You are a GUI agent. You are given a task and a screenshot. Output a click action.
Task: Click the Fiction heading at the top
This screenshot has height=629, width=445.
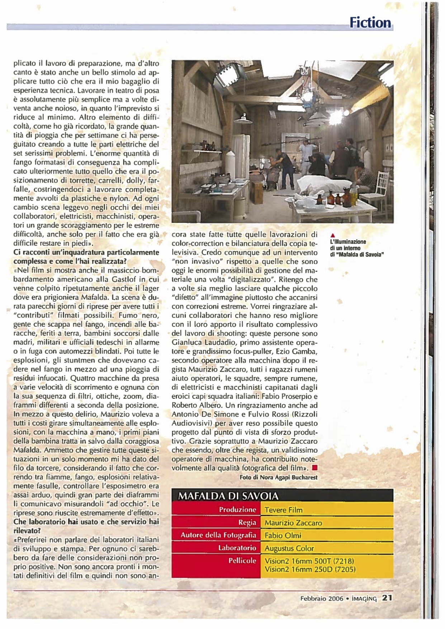(370, 23)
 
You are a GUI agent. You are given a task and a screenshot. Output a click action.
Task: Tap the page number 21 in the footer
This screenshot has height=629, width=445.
(387, 598)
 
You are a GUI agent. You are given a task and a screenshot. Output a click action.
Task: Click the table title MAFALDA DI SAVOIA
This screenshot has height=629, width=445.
(228, 496)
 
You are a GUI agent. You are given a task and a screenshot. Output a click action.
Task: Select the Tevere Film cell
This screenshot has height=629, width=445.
(283, 510)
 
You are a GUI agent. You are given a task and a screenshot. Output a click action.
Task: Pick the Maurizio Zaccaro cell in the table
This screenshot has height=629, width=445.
(293, 523)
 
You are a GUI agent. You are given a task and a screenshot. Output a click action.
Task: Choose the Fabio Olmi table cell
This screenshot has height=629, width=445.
(283, 535)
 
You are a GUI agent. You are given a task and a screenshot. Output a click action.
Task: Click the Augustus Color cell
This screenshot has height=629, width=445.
(289, 548)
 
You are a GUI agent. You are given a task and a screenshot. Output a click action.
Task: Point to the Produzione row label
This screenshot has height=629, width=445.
(237, 510)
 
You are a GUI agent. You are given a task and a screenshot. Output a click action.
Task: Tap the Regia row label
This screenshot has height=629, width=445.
(247, 522)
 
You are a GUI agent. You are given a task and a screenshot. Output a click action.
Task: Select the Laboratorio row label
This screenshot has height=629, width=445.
(237, 548)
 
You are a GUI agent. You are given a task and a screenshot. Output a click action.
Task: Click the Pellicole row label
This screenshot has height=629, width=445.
(242, 561)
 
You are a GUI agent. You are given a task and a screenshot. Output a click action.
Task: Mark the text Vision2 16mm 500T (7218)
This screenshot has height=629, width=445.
(309, 561)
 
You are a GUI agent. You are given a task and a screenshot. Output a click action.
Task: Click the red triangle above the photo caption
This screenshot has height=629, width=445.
(332, 236)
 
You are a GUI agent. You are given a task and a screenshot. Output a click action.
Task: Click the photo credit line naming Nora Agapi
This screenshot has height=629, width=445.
(278, 477)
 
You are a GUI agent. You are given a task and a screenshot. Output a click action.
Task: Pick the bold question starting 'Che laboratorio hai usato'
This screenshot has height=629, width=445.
(86, 526)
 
